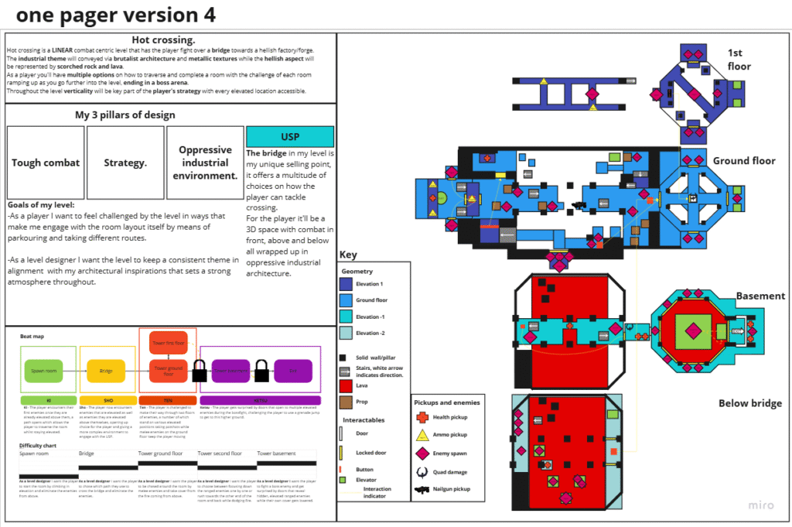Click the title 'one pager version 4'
(x=116, y=15)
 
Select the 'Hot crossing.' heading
(x=163, y=40)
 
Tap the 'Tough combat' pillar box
(x=46, y=163)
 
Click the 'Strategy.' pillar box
(x=126, y=163)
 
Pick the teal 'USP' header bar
(x=290, y=137)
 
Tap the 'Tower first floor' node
(x=167, y=341)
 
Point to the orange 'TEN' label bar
(x=168, y=400)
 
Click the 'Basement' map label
(x=760, y=296)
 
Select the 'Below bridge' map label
(x=750, y=403)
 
